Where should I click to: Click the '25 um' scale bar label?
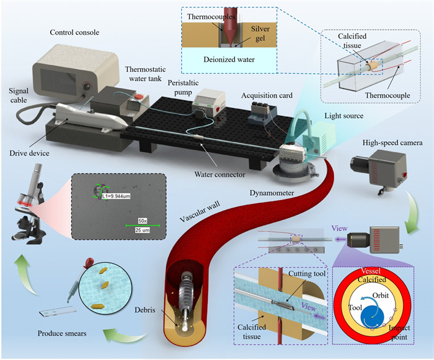pyautogui.click(x=143, y=230)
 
